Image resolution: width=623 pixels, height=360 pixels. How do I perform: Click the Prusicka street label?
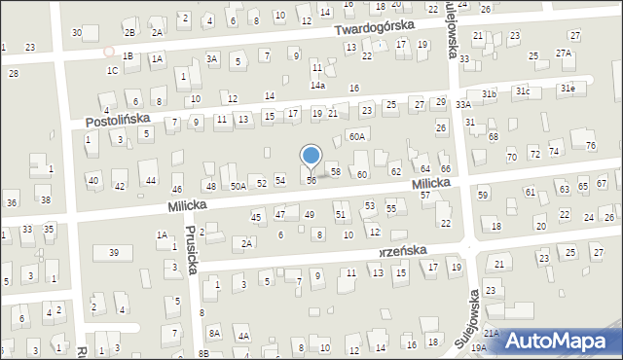[190, 249]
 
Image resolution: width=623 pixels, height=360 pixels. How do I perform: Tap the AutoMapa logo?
[562, 340]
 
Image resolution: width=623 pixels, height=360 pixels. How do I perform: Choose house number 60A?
[358, 137]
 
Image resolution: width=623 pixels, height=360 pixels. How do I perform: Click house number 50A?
[238, 185]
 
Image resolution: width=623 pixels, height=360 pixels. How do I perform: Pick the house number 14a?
[317, 86]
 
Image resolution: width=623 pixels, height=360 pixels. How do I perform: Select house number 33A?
[463, 104]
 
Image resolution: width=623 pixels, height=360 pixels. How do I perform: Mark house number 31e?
[567, 89]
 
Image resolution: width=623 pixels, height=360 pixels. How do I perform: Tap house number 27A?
[564, 53]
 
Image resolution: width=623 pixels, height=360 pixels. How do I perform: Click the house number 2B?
[129, 33]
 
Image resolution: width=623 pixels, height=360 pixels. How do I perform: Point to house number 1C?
[112, 70]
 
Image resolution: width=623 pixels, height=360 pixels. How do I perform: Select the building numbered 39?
[114, 253]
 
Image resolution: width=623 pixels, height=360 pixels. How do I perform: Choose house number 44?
[151, 181]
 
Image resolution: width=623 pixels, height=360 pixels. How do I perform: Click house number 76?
[591, 146]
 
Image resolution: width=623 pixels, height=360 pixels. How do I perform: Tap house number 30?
[77, 33]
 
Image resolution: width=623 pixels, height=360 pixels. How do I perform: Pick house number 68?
[494, 137]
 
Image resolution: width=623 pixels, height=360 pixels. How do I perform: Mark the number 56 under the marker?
[311, 181]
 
